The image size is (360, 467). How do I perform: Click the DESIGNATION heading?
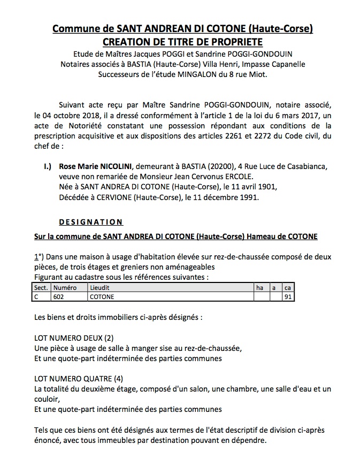point(91,222)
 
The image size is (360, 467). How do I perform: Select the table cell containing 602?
point(58,296)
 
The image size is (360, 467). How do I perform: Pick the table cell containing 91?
point(287,296)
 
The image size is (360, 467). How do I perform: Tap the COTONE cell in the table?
point(102,296)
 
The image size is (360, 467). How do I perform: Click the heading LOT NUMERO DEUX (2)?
point(74,338)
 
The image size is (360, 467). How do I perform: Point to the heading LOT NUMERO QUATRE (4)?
point(78,378)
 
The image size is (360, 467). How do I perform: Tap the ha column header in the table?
point(259,287)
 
